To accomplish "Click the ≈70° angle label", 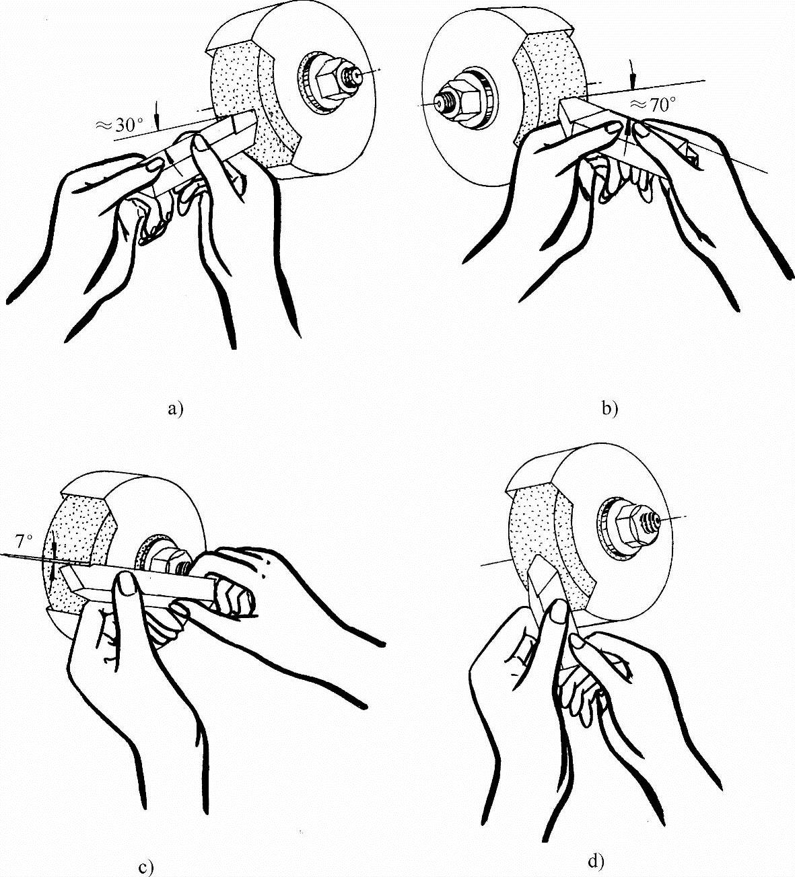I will click(x=652, y=106).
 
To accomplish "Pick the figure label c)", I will click(x=146, y=867).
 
